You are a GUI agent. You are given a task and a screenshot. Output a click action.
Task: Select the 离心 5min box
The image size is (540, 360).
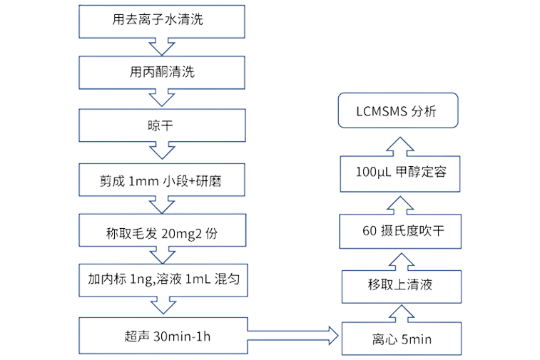tap(400, 338)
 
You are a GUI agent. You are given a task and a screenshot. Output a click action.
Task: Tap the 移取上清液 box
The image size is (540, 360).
tap(400, 286)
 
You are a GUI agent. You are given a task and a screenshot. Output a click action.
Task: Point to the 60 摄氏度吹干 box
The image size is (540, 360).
tap(400, 231)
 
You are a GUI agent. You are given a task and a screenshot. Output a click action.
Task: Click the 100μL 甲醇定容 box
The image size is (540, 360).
tap(400, 173)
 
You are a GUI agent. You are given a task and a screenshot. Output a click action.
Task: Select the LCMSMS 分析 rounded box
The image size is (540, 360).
tap(397, 112)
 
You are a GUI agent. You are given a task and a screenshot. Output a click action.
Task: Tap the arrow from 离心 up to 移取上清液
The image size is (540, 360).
tap(400, 312)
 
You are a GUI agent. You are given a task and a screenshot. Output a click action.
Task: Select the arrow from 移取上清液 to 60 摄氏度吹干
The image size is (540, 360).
tap(400, 259)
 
